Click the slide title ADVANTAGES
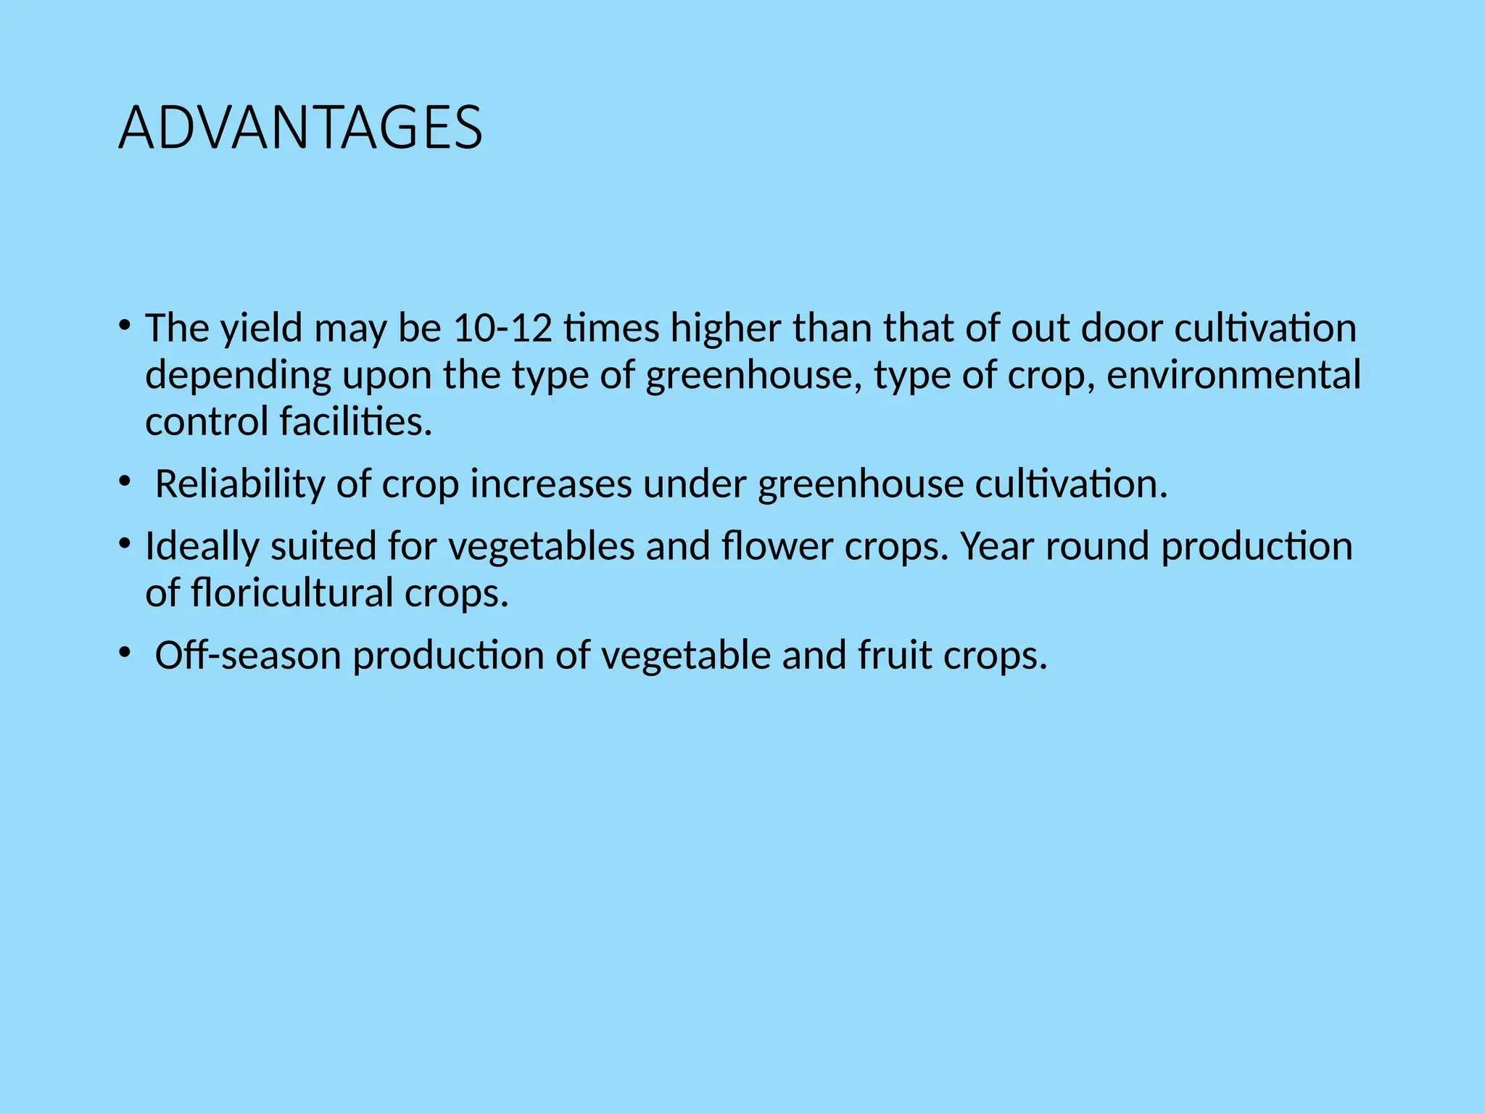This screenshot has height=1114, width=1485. click(300, 128)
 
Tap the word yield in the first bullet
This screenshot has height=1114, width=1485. click(261, 328)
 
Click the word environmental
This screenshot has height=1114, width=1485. click(1233, 375)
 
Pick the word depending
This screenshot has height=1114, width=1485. click(238, 376)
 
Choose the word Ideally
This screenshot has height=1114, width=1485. click(202, 546)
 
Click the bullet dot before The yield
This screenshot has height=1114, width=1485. click(125, 323)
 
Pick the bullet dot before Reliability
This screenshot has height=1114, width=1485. click(125, 480)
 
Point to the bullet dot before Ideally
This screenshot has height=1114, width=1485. click(125, 542)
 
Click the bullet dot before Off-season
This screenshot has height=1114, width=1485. click(125, 651)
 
